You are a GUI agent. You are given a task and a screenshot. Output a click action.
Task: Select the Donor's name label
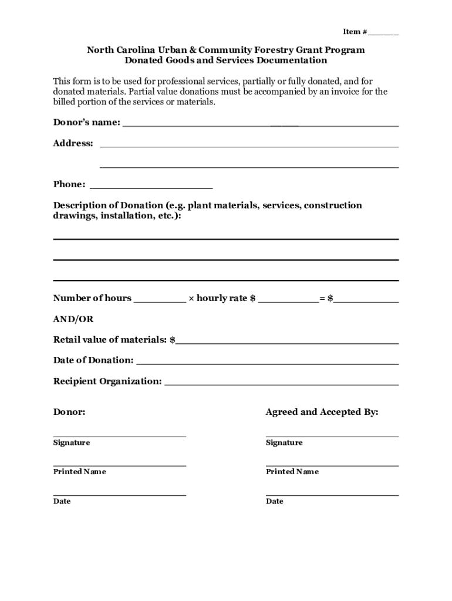[87, 123]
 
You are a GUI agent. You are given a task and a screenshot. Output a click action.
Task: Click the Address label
[73, 143]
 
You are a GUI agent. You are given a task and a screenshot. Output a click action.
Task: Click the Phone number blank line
[151, 186]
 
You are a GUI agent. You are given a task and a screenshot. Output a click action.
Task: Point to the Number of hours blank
[159, 299]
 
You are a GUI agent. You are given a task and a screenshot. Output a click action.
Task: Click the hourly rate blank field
[288, 299]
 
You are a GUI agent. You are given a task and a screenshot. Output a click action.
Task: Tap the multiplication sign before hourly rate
[191, 299]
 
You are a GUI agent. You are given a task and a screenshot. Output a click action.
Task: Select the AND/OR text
[73, 319]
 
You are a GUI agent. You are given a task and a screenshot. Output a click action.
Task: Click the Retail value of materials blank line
[287, 341]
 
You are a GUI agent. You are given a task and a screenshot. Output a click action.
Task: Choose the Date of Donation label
[93, 360]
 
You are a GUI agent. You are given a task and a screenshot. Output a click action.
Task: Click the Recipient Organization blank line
[282, 383]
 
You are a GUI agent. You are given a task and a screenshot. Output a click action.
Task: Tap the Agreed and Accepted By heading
[322, 412]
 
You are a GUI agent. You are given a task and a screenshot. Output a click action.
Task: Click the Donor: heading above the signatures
[69, 412]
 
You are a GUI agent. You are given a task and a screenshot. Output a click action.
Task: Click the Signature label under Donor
[72, 443]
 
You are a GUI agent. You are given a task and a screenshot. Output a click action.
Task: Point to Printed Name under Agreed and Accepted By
[292, 472]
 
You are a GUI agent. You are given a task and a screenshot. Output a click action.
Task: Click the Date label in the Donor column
[62, 501]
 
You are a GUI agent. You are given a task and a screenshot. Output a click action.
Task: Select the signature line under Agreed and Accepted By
[332, 435]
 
